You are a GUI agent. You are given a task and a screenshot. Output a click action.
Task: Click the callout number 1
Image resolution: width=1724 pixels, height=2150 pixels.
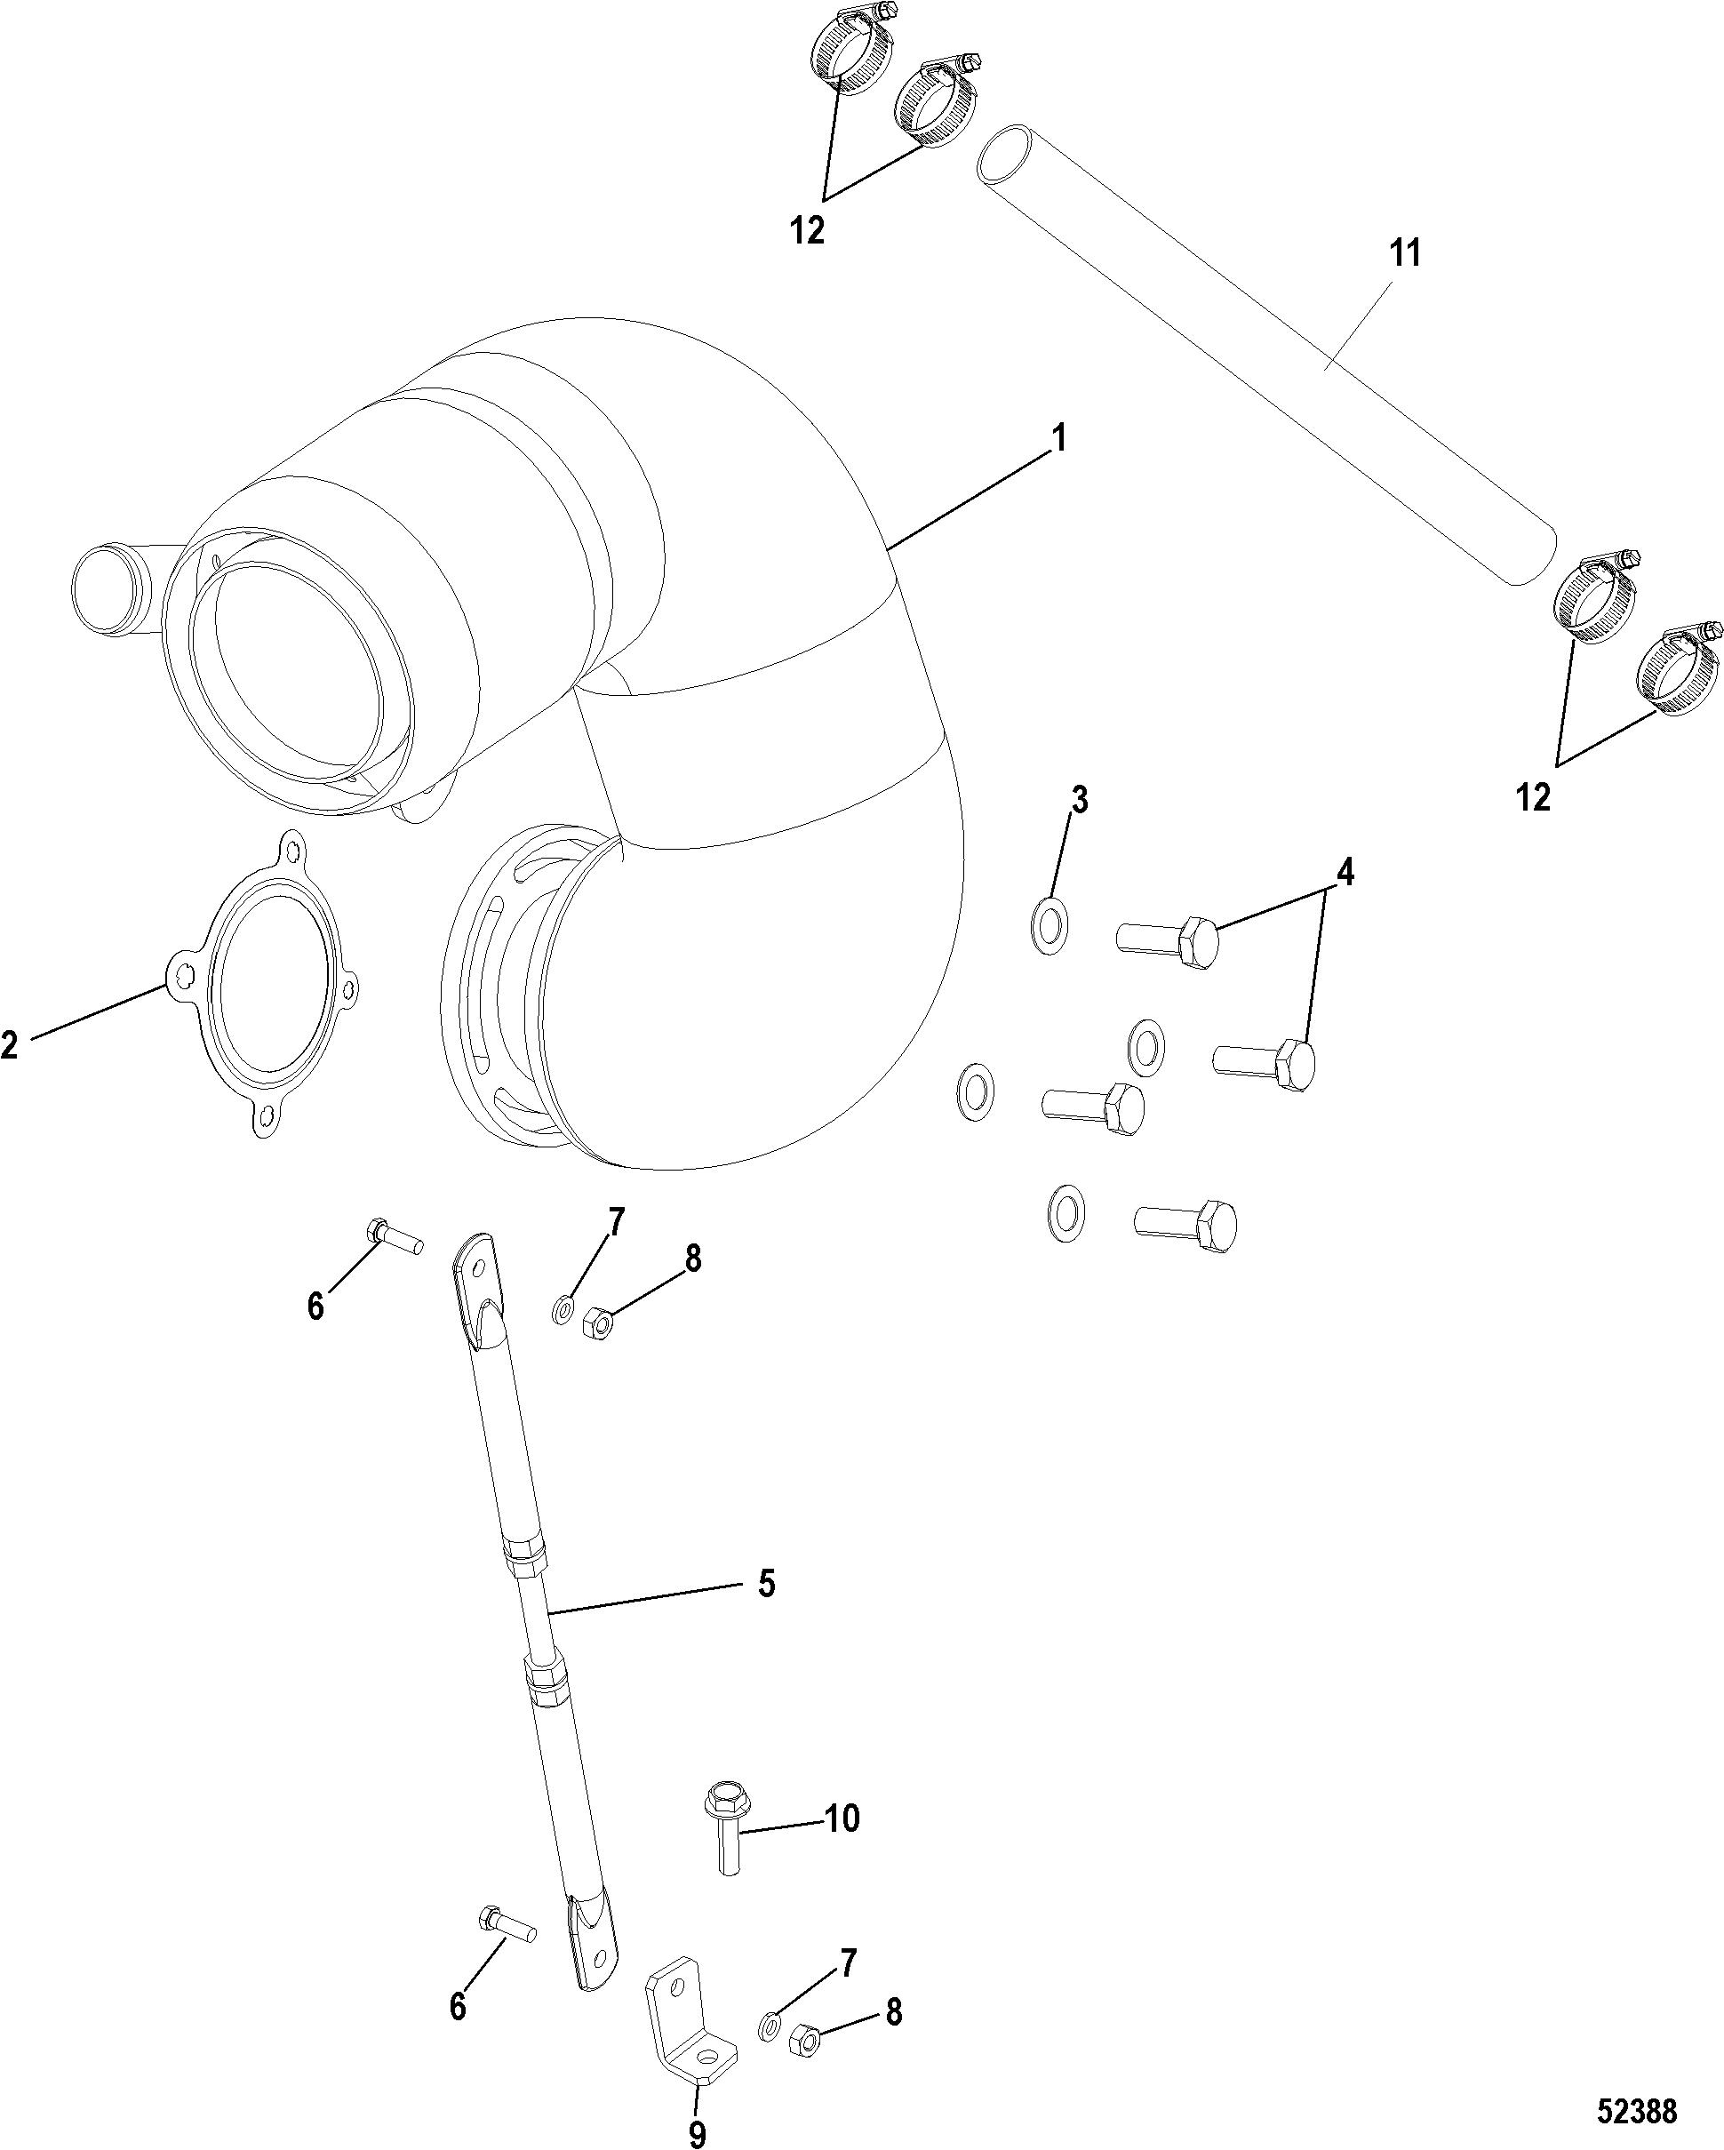coord(1060,439)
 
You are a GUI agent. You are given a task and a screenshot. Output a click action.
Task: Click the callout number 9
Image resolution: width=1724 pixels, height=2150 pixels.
coord(697,2127)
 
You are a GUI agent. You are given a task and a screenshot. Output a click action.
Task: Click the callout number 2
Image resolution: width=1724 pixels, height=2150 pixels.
coord(10,1045)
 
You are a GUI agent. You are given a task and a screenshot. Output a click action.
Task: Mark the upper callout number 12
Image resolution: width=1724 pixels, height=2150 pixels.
coord(808,230)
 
